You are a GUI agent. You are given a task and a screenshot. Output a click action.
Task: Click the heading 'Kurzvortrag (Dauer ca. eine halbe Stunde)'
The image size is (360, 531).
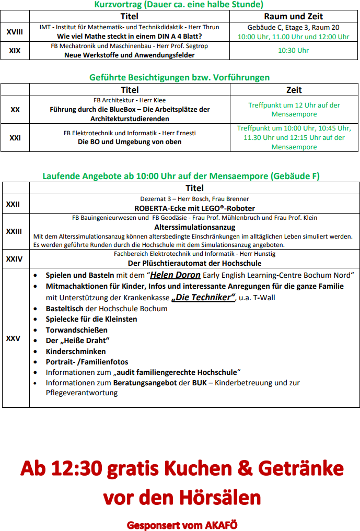coord(179,5)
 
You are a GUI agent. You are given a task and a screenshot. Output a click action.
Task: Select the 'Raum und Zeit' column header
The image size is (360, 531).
coord(294,16)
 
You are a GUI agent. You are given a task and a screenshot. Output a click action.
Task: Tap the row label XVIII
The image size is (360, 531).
coord(15,32)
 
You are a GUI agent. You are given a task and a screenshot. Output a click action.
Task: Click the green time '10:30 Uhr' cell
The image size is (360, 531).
coord(294,51)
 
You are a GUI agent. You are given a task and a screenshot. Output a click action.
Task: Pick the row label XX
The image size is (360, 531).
coord(15,110)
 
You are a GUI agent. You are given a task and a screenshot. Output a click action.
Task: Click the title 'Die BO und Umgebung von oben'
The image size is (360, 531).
coord(130,141)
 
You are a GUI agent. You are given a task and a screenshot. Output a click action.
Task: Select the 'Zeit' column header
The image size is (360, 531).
coord(294,90)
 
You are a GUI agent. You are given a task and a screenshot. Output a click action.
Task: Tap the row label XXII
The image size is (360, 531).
coord(13,204)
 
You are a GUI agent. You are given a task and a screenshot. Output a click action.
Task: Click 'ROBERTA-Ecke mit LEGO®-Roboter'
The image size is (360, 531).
coord(194,208)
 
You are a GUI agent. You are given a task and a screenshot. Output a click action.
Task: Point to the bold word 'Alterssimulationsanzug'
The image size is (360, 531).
coord(194,227)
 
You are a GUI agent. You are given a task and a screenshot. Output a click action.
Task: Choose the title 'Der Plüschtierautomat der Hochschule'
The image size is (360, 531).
coord(194,263)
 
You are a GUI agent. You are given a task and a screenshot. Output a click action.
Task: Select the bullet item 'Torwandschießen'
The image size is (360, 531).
coord(77,330)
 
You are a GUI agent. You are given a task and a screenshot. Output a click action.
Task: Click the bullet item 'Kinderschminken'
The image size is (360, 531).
coord(76,351)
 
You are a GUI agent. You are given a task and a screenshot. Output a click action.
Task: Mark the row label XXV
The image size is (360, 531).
coord(13,338)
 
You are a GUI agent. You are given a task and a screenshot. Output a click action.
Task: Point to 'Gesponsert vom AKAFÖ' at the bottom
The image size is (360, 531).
coord(182,524)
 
